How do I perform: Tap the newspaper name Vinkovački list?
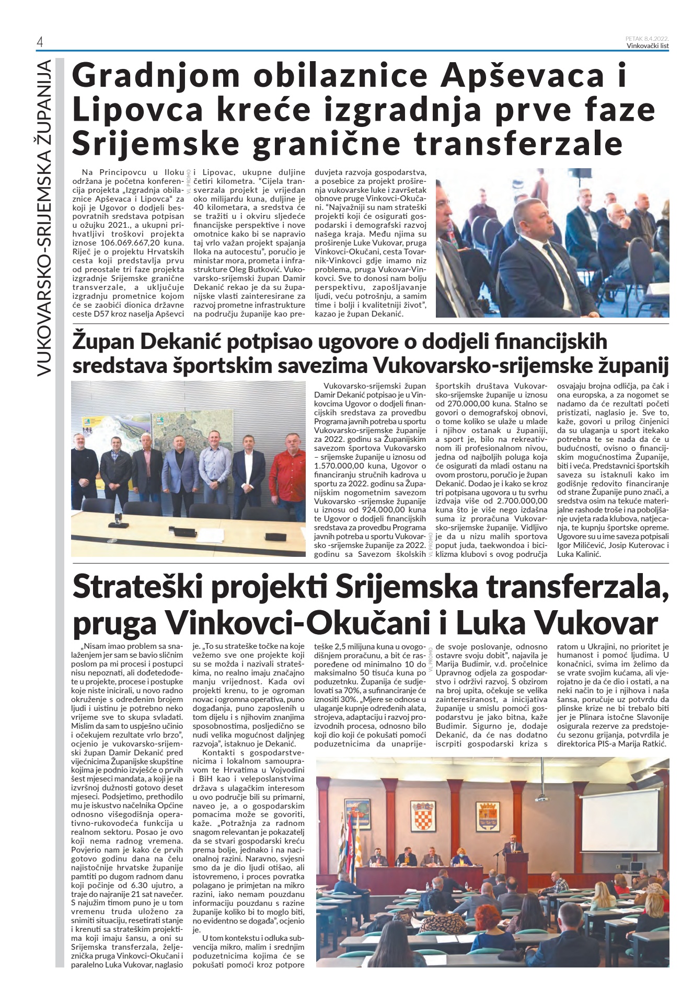pos(648,45)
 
